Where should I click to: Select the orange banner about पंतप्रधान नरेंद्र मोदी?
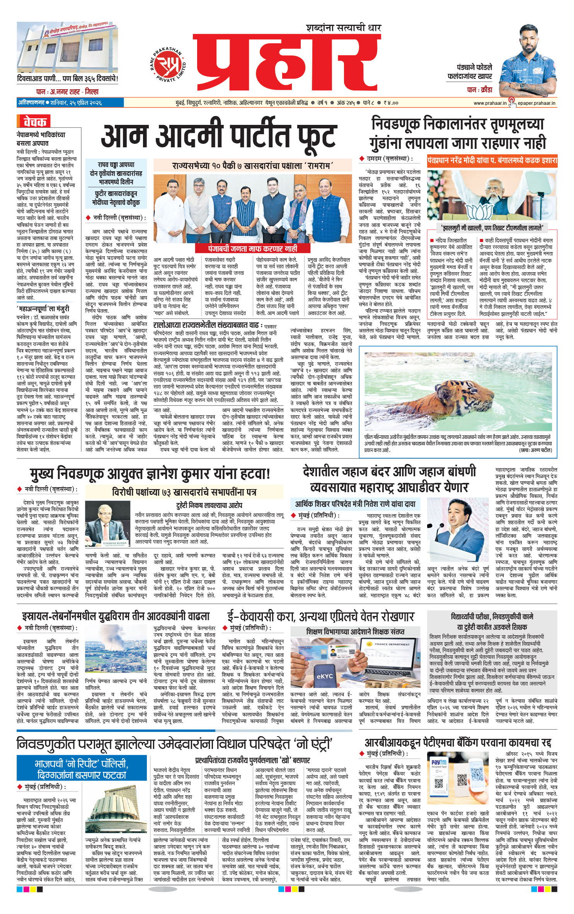click(492, 160)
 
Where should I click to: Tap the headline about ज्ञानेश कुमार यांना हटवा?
click(150, 473)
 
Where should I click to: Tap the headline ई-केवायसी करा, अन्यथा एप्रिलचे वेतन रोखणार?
click(320, 616)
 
